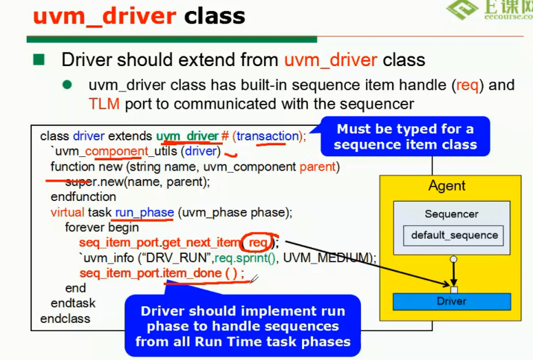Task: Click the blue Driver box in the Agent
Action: (x=451, y=301)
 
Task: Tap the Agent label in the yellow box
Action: (x=447, y=186)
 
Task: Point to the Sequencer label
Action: (x=451, y=214)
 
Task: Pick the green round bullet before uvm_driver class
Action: (x=67, y=85)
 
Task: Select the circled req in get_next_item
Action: (x=259, y=242)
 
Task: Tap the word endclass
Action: (x=65, y=319)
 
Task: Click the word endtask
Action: (x=73, y=303)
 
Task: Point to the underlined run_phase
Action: (x=144, y=212)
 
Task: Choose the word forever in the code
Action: (x=85, y=227)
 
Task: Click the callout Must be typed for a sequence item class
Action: (x=404, y=136)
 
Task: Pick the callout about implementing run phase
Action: (x=242, y=326)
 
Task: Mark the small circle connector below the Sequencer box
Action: (x=453, y=260)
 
